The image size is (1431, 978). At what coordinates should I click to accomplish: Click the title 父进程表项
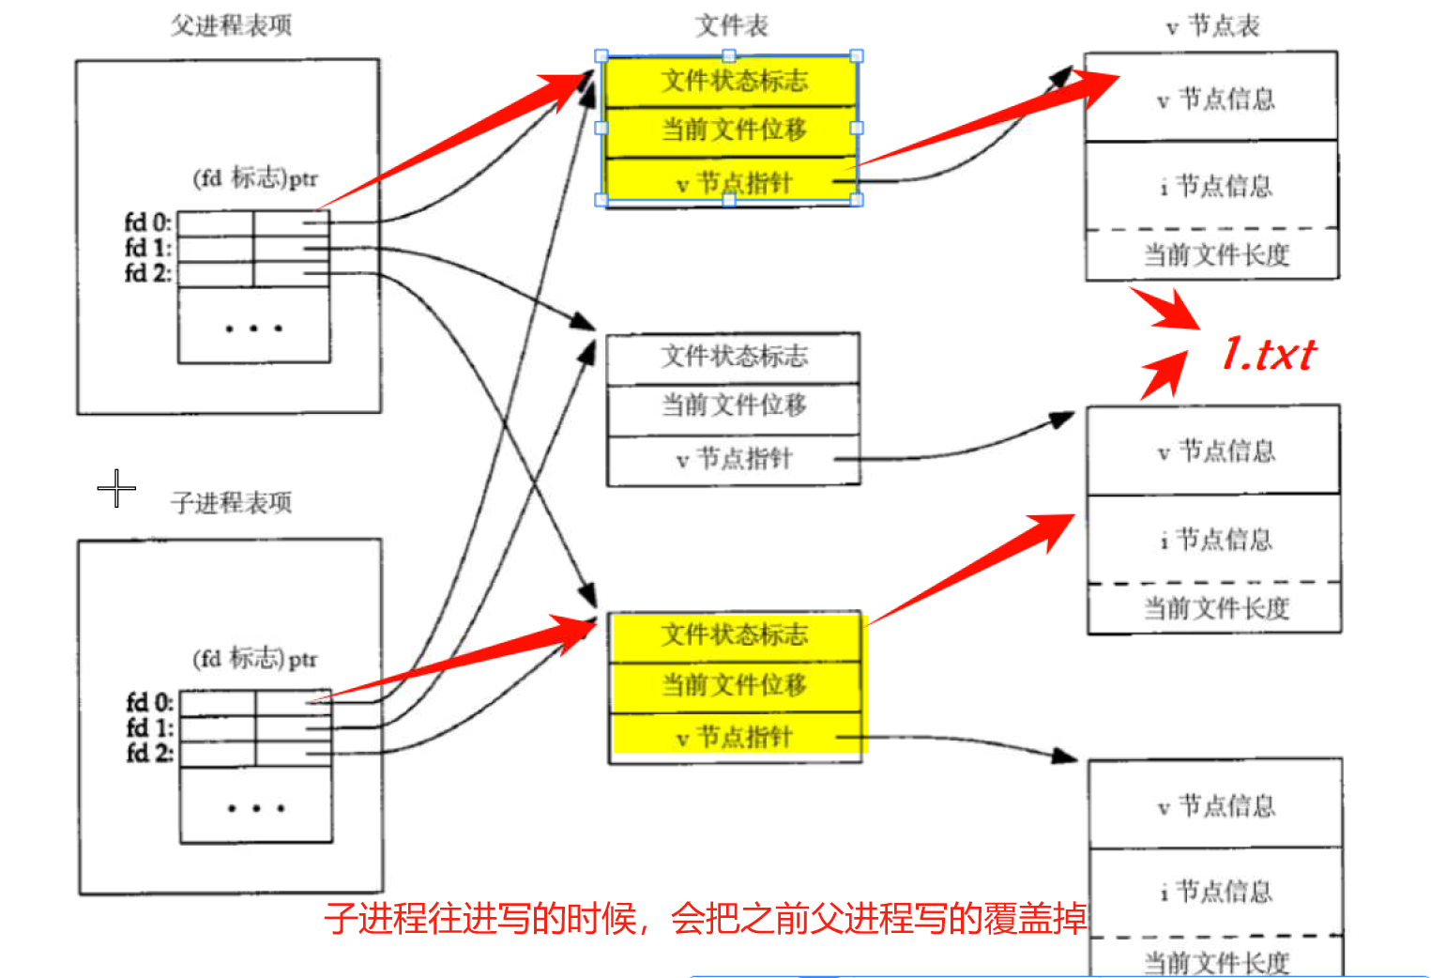tap(231, 25)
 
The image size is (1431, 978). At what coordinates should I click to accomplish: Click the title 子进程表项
tap(231, 502)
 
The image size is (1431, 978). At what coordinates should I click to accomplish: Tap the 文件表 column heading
tap(731, 25)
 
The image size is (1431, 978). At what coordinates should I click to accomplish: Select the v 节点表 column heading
tap(1212, 25)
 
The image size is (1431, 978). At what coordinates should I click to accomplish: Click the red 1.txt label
tap(1268, 355)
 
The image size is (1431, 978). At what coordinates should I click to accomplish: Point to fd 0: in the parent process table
tap(147, 222)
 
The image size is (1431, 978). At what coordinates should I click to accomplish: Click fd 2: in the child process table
tap(149, 753)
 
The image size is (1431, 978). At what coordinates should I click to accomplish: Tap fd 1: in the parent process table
tap(147, 248)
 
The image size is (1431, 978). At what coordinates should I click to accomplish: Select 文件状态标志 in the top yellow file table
tap(734, 81)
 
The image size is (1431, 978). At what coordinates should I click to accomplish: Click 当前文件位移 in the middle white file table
tap(734, 405)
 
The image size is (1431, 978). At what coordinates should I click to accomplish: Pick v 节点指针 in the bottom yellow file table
tap(734, 738)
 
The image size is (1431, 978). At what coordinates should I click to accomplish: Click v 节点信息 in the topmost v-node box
tap(1216, 99)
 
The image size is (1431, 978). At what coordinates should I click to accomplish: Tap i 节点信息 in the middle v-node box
tap(1216, 539)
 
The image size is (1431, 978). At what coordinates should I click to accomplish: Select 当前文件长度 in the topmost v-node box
tap(1216, 254)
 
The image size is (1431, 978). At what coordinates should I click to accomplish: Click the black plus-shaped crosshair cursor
tap(116, 488)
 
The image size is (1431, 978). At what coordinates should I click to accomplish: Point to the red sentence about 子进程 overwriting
tap(705, 918)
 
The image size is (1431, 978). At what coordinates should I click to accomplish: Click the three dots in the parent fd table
tap(253, 329)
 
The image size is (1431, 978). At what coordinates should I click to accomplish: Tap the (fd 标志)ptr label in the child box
tap(254, 658)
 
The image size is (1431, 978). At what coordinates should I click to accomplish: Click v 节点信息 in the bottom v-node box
tap(1216, 805)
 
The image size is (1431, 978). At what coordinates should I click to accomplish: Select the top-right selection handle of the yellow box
tap(856, 56)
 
